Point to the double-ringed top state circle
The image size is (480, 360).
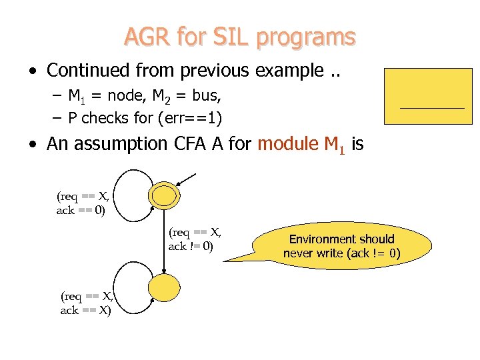[x=163, y=195]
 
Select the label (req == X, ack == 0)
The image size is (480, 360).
[x=83, y=203]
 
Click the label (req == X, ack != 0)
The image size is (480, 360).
[x=195, y=239]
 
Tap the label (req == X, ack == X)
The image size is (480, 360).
[x=87, y=303]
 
